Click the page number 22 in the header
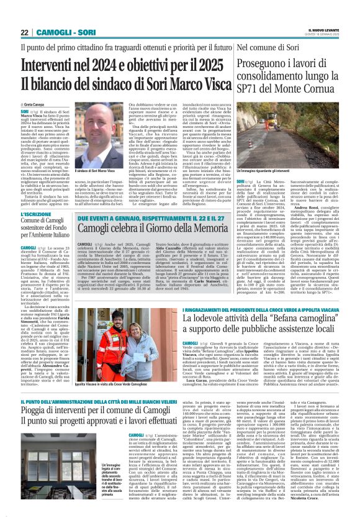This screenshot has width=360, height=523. coord(25,32)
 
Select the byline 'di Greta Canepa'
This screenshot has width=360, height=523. coord(35,106)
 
